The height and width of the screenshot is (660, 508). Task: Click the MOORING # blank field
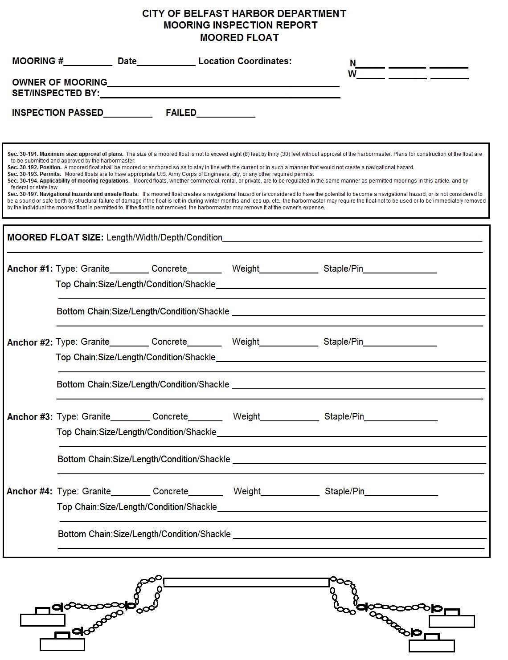[88, 62]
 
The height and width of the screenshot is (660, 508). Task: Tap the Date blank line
[166, 62]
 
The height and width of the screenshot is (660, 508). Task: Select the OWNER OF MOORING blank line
[223, 83]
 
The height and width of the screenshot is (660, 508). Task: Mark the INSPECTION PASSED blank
[128, 114]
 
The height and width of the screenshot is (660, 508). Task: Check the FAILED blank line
[226, 114]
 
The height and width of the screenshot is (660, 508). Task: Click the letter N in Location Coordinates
[352, 64]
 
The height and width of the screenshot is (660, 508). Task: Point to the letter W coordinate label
[352, 74]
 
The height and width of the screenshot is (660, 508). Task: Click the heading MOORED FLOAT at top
[239, 38]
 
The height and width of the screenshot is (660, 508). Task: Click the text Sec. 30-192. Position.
[34, 167]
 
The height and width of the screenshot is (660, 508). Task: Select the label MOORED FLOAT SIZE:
[55, 237]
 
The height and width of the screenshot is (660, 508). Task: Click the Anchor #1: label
[30, 269]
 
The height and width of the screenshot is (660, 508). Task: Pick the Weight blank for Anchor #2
[289, 342]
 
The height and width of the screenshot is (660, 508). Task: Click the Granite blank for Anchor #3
[130, 417]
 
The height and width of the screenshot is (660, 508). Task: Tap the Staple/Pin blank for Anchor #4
[401, 492]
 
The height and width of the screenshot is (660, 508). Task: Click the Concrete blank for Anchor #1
[204, 269]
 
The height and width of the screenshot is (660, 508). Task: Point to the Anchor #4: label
[29, 492]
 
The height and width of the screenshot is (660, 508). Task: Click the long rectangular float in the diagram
[246, 582]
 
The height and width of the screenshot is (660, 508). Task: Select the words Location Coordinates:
[245, 61]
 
